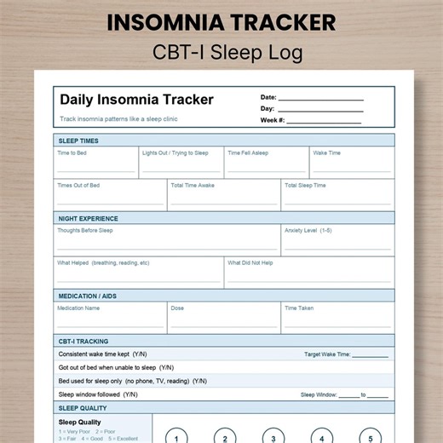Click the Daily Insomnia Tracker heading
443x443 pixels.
(x=136, y=100)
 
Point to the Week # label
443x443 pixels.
(x=273, y=120)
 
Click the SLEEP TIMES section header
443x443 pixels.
(x=78, y=141)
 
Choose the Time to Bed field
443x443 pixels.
(x=95, y=164)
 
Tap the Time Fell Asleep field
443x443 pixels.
(x=266, y=164)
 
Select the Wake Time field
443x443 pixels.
(x=352, y=164)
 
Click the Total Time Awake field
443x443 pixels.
(x=223, y=197)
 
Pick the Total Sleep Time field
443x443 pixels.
(x=337, y=197)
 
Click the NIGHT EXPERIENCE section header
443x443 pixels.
(x=88, y=219)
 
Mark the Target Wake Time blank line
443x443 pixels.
(x=370, y=355)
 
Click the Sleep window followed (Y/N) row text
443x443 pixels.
(x=98, y=394)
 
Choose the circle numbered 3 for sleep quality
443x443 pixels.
(x=273, y=437)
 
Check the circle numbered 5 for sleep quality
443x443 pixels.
(x=370, y=437)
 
